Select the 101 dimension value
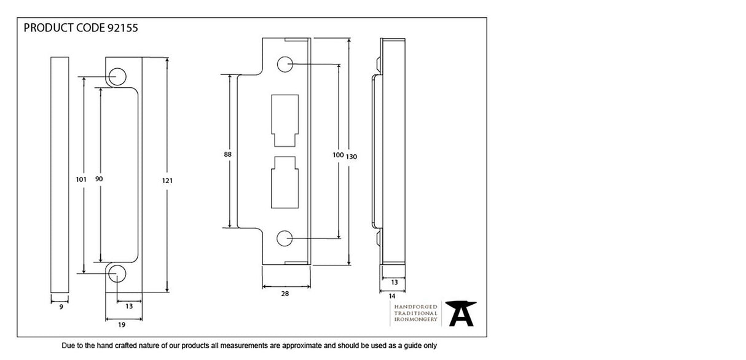pos(80,179)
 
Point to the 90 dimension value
pos(99,179)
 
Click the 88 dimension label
pos(228,155)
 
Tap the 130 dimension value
pos(351,157)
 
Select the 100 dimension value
pos(337,155)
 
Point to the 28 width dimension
pos(285,294)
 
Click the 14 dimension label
pos(392,295)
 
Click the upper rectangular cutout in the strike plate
pos(284,120)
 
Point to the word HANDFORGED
pos(415,306)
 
